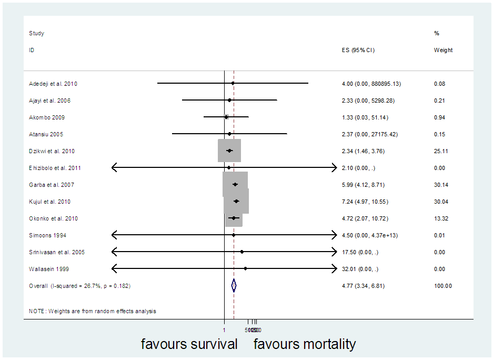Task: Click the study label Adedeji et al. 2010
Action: pyautogui.click(x=53, y=84)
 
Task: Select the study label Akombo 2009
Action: pyautogui.click(x=47, y=117)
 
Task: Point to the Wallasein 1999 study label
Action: pyautogui.click(x=49, y=269)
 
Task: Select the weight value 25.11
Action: pyautogui.click(x=440, y=151)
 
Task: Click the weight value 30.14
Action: pyautogui.click(x=440, y=185)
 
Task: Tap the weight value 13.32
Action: pyautogui.click(x=440, y=218)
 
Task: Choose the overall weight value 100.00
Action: pyautogui.click(x=442, y=286)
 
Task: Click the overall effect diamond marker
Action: pyautogui.click(x=234, y=285)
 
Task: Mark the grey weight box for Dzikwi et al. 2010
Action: pyautogui.click(x=229, y=151)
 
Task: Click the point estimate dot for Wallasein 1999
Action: pyautogui.click(x=246, y=269)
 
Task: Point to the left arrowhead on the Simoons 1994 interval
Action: pyautogui.click(x=115, y=235)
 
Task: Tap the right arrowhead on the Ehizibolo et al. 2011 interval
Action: pyautogui.click(x=334, y=168)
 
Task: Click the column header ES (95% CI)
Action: pyautogui.click(x=358, y=51)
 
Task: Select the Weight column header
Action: pyautogui.click(x=443, y=51)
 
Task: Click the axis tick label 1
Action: pyautogui.click(x=224, y=330)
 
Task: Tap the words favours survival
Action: pyautogui.click(x=189, y=345)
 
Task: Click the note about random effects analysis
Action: pyautogui.click(x=93, y=311)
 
